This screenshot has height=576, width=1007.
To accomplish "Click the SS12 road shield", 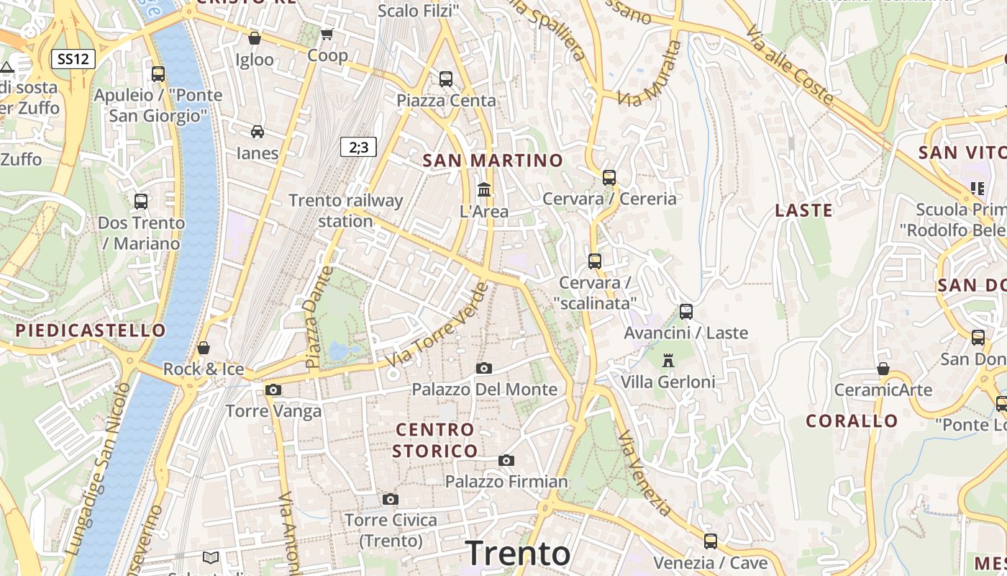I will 73,59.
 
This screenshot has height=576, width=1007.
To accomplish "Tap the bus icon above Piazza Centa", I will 446,79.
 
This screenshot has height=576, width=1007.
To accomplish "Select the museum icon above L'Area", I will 484,190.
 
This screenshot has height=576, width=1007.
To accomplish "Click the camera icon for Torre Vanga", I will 273,390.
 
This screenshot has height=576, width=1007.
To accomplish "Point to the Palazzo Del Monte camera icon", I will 484,368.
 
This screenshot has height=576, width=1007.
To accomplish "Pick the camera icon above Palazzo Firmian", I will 506,460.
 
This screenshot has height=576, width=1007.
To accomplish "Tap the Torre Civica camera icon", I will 391,499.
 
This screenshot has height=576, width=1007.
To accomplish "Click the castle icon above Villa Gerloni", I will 668,360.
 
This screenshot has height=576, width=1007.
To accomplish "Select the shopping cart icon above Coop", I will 327,34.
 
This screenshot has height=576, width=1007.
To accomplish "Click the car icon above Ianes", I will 257,131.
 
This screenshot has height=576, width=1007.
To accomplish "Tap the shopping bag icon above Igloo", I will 254,38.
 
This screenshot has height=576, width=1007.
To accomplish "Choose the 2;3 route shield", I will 358,147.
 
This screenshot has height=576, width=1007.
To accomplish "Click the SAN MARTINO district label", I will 493,160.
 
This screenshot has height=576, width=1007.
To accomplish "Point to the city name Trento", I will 518,553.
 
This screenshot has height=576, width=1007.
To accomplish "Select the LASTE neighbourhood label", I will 803,210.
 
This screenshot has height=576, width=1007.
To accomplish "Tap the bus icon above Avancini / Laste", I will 686,312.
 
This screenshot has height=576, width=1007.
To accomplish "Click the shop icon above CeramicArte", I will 883,369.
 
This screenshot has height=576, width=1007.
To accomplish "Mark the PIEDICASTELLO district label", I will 91,330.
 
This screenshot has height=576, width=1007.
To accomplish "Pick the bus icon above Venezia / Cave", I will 711,541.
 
